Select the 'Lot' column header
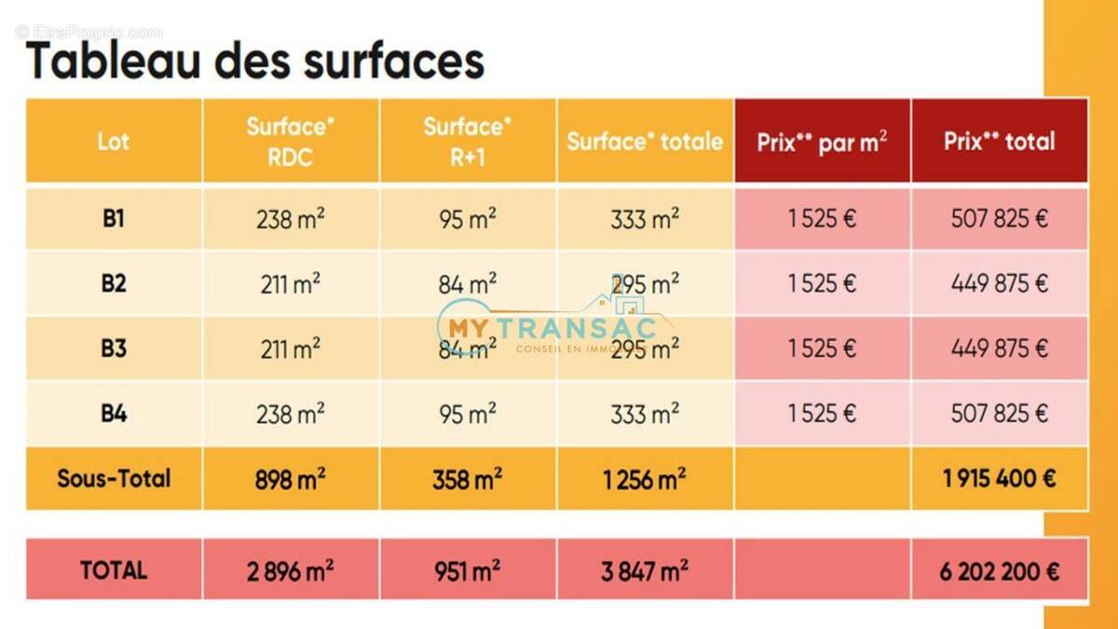click(x=114, y=141)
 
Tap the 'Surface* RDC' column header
click(x=291, y=141)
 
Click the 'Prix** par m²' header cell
click(x=822, y=142)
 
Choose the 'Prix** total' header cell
click(x=999, y=141)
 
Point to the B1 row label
click(x=114, y=219)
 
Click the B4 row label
click(x=114, y=413)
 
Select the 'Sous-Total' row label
click(x=114, y=478)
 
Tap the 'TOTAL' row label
click(x=114, y=569)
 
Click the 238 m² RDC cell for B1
click(x=291, y=219)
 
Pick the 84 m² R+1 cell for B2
click(x=468, y=283)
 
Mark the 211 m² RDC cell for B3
click(x=291, y=349)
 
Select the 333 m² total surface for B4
click(x=645, y=413)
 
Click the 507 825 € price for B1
click(x=999, y=219)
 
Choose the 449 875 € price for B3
click(x=999, y=349)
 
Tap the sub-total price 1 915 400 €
click(x=999, y=478)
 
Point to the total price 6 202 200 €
click(x=999, y=570)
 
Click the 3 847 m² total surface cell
click(x=645, y=570)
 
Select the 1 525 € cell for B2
click(x=822, y=283)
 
